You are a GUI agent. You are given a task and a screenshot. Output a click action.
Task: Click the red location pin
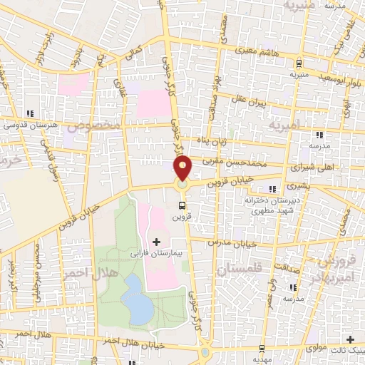point(183,168)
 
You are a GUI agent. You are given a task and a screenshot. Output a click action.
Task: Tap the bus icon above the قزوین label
point(183,206)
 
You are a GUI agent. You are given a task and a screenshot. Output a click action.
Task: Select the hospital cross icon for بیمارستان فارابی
point(157,242)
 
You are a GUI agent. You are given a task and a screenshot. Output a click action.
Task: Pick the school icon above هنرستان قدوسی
point(29,114)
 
